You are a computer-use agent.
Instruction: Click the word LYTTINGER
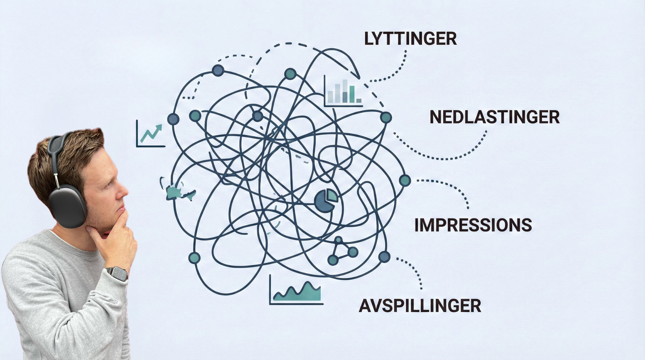[x=410, y=39]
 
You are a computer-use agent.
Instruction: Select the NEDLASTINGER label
[x=494, y=117]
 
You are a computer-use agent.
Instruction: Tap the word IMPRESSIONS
[x=473, y=225]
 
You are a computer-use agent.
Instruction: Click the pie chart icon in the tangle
[x=326, y=200]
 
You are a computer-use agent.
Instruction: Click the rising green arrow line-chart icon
[x=151, y=134]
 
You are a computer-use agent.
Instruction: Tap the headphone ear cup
[x=67, y=206]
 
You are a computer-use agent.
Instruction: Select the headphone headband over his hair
[x=57, y=148]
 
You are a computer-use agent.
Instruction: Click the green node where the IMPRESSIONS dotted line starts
[x=405, y=180]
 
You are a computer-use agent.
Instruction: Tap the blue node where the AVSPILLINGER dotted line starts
[x=384, y=257]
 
